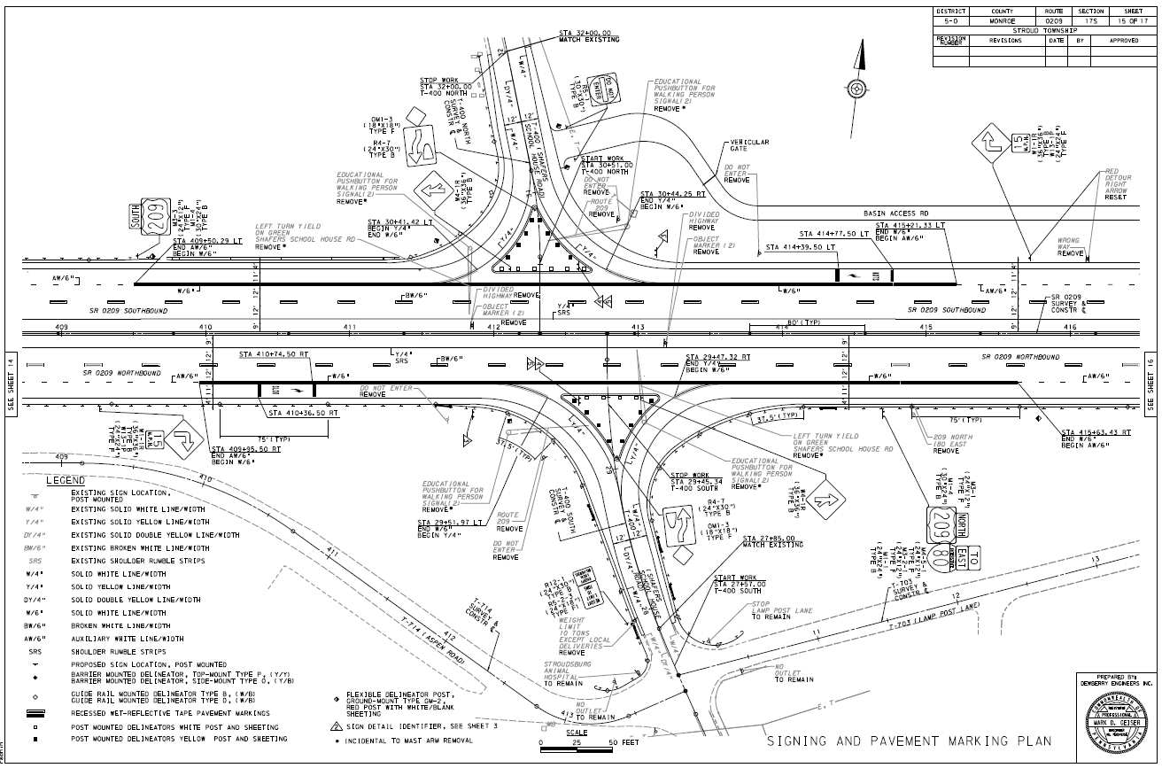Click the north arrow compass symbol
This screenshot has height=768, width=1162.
point(856,87)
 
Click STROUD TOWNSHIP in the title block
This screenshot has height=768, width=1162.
point(1046,29)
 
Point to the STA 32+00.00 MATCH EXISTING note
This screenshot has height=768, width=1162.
point(589,36)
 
